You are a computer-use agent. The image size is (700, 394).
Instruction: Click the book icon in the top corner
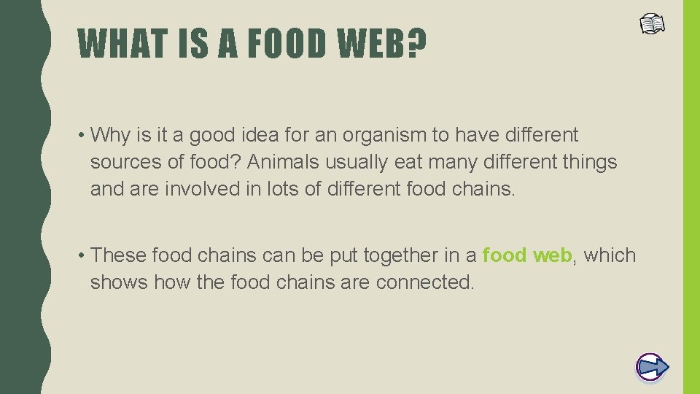click(x=653, y=24)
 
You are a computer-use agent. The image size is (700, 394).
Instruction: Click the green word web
click(x=552, y=255)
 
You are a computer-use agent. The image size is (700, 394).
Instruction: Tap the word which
click(x=610, y=255)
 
